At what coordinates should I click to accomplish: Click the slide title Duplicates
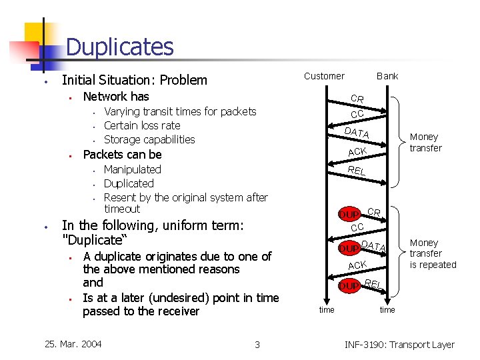pos(120,47)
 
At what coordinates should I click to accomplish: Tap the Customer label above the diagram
pos(324,76)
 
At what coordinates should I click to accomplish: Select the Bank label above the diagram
pos(387,76)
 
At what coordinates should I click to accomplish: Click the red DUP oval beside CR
pos(349,215)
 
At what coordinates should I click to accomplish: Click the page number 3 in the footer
pos(257,345)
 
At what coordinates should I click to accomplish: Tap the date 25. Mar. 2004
pos(73,344)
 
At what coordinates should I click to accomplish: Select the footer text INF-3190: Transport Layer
pos(399,345)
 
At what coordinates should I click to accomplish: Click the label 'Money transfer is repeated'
pos(433,254)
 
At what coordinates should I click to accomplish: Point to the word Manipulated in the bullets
pos(133,169)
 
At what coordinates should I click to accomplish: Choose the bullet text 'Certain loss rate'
pos(142,125)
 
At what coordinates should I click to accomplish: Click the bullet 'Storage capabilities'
pos(149,139)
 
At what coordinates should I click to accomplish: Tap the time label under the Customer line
pos(327,310)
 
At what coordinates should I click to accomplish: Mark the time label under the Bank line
pos(387,310)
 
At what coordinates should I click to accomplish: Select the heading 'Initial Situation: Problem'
pos(134,80)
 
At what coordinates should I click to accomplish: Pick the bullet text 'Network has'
pos(116,97)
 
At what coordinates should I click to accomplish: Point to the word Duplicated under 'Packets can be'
pos(129,183)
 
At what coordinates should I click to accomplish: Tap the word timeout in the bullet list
pos(122,209)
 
